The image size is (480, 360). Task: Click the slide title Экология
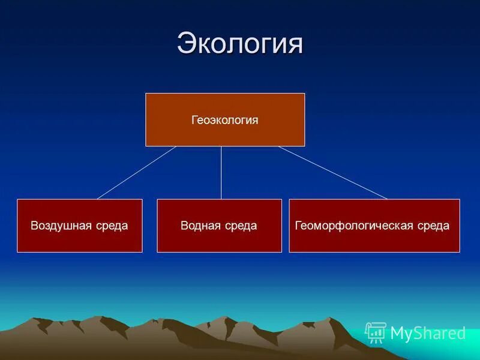click(240, 44)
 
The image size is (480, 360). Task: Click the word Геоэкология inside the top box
click(225, 120)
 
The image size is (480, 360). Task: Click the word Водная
click(201, 226)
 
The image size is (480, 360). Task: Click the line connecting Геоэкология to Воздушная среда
click(137, 172)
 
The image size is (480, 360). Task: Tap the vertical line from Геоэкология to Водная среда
click(221, 173)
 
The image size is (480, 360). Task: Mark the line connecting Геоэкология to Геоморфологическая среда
click(333, 172)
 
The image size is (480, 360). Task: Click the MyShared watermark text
click(428, 334)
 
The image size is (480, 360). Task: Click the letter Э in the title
click(187, 44)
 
